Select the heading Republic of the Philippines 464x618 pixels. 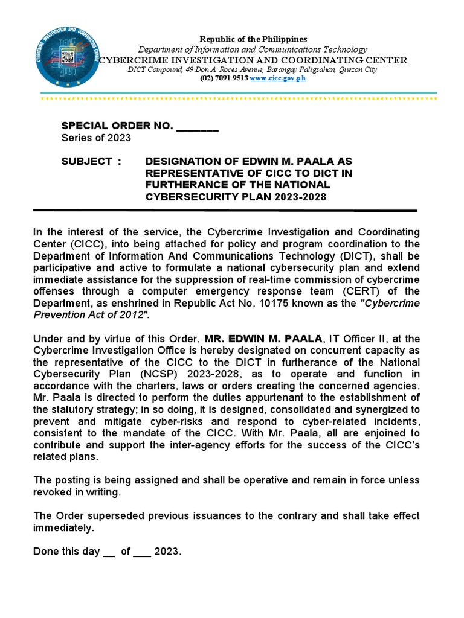tap(253, 39)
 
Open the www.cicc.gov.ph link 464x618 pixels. tap(278, 79)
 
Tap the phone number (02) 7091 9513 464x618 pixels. tap(224, 79)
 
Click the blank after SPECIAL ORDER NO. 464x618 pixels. tap(197, 126)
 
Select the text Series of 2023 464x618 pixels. tap(96, 138)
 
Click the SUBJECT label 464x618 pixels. tap(87, 161)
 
